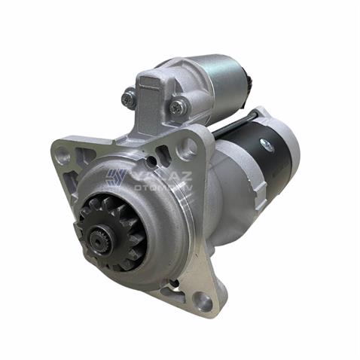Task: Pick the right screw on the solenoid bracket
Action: [178, 108]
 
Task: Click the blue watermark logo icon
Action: [114, 177]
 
